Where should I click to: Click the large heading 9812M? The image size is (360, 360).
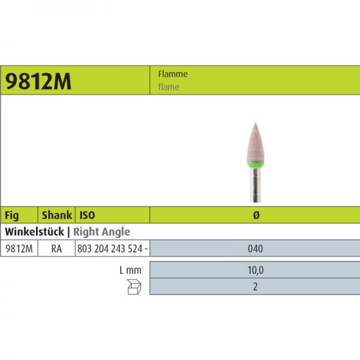pyautogui.click(x=38, y=82)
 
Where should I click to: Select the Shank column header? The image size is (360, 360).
pyautogui.click(x=56, y=215)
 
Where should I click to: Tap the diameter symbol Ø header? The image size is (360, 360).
pyautogui.click(x=255, y=215)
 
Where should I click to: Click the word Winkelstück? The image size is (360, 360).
pyautogui.click(x=32, y=231)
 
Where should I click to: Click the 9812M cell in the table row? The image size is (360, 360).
pyautogui.click(x=19, y=248)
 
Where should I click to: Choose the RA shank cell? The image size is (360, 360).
pyautogui.click(x=56, y=248)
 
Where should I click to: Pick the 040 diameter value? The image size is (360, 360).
pyautogui.click(x=255, y=248)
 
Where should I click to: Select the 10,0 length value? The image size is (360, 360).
pyautogui.click(x=255, y=271)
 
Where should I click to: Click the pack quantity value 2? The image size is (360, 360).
pyautogui.click(x=255, y=287)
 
